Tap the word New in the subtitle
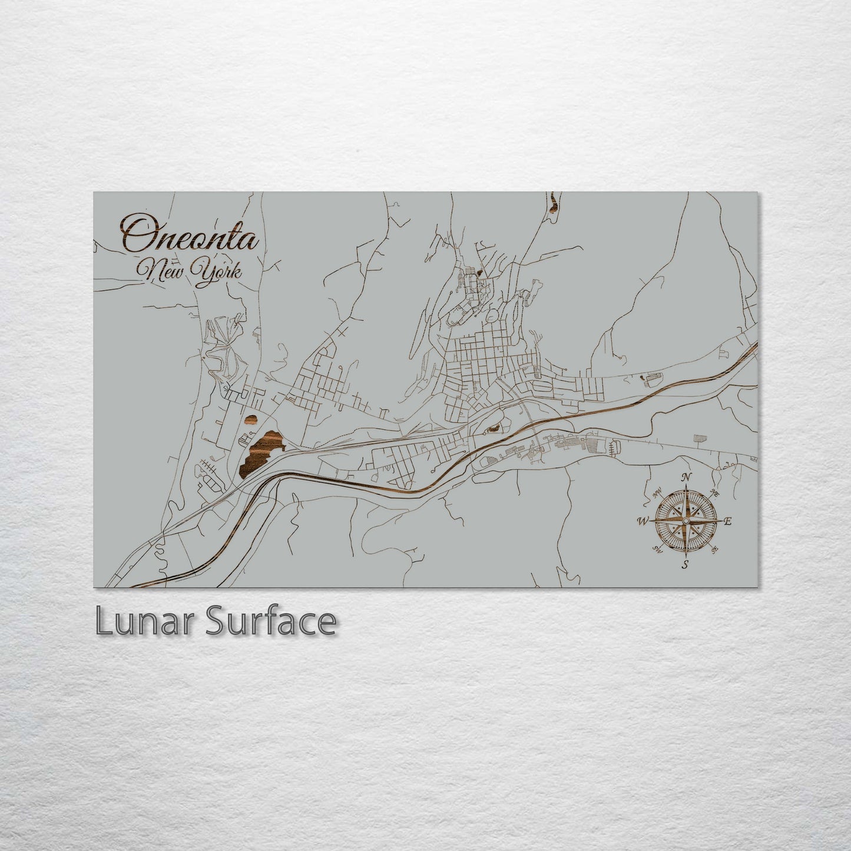165,272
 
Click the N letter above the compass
686,477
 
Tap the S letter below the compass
685,565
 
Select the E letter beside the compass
727,521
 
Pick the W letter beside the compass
642,521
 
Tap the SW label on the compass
657,549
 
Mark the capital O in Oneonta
134,234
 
